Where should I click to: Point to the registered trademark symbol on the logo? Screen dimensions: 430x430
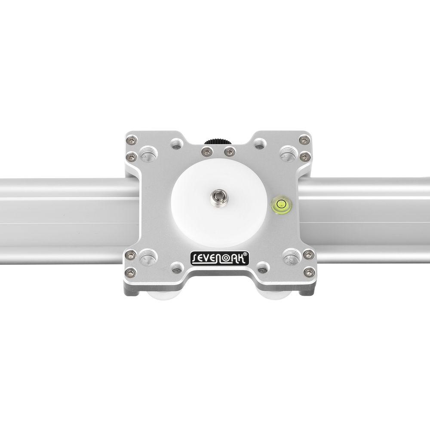tap(245, 254)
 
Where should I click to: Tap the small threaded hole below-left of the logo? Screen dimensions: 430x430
tap(175, 267)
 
